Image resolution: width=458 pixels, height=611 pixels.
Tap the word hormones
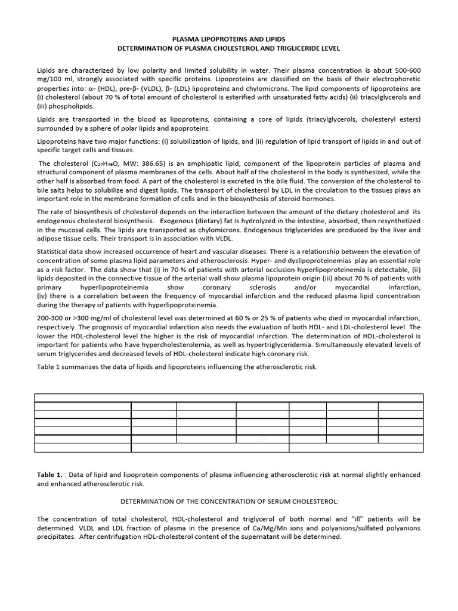pos(319,199)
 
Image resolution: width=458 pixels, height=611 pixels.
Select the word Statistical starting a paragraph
pos(54,251)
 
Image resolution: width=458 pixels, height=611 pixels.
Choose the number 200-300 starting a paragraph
pos(51,318)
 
